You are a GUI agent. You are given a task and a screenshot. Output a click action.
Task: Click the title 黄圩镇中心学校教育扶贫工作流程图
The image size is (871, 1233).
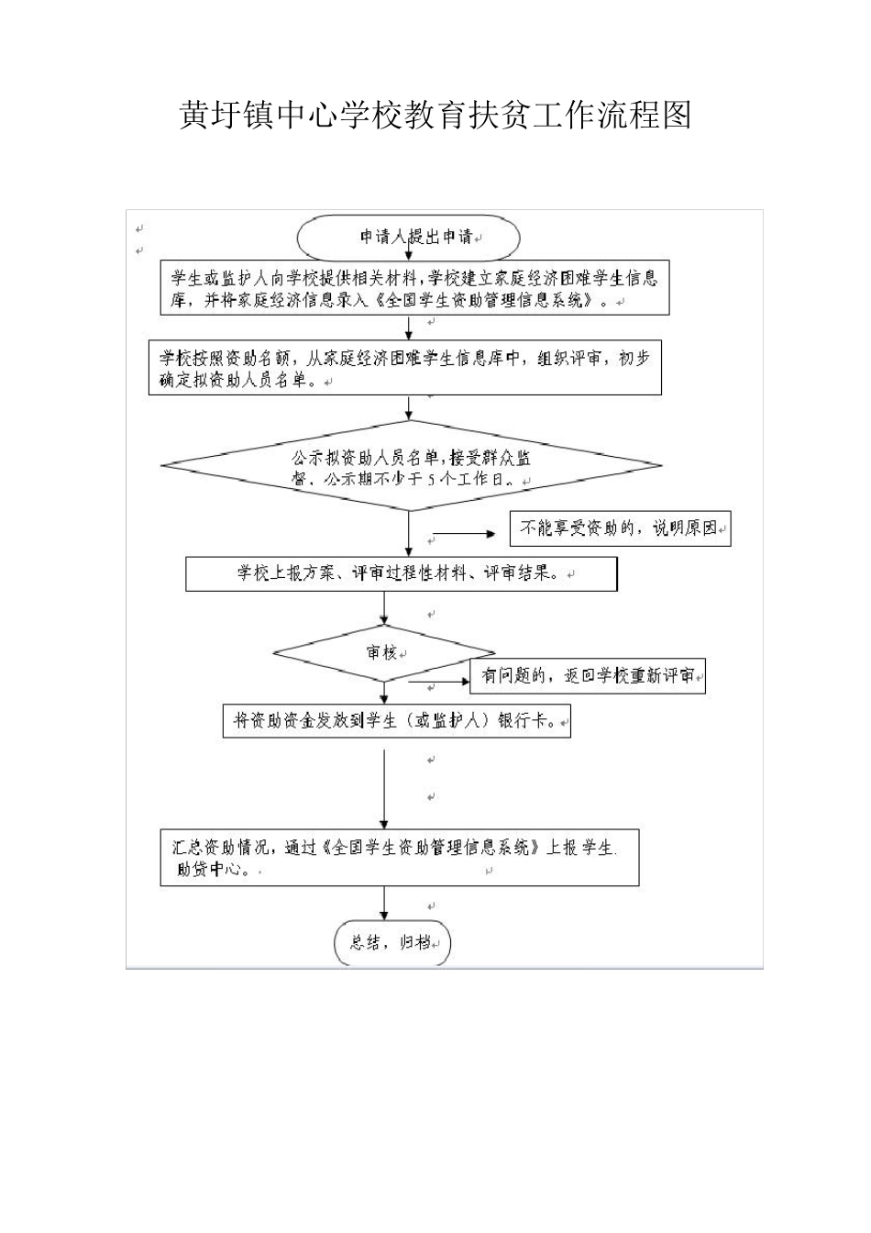(x=435, y=117)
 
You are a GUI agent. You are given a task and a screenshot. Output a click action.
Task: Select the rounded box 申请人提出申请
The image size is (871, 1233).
(x=409, y=238)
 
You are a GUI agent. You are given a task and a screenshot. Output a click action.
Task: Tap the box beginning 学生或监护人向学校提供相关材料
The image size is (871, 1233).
(x=413, y=288)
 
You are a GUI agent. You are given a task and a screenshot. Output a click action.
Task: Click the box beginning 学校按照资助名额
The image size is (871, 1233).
(x=404, y=370)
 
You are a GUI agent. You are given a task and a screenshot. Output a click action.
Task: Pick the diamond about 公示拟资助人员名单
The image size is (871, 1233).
(x=410, y=466)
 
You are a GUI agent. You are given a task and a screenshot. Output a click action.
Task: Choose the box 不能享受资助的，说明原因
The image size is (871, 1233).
(x=621, y=529)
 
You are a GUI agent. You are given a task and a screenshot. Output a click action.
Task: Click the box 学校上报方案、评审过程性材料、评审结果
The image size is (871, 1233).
(x=401, y=574)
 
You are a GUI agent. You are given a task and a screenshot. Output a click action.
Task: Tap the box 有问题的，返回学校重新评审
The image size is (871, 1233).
(x=588, y=676)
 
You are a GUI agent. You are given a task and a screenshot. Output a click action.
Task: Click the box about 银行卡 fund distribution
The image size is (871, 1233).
(x=397, y=720)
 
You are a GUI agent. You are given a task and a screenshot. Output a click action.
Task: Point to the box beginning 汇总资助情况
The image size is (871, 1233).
(x=399, y=858)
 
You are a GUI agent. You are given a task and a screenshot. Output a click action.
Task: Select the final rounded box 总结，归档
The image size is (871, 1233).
(x=392, y=942)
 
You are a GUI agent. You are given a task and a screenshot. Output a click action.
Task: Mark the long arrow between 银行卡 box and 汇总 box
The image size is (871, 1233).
(x=384, y=789)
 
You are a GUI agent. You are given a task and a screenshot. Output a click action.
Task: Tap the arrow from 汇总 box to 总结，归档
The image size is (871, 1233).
(x=384, y=903)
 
